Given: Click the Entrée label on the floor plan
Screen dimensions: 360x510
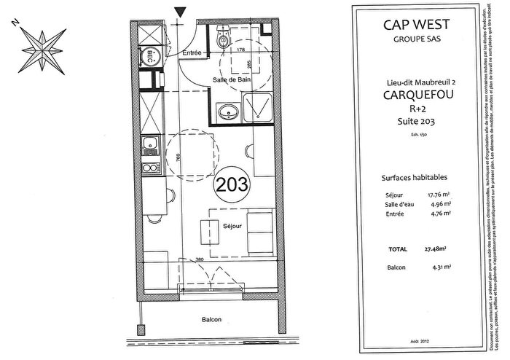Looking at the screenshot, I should pos(192,52).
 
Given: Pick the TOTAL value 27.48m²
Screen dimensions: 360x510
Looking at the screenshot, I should pos(436,249).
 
